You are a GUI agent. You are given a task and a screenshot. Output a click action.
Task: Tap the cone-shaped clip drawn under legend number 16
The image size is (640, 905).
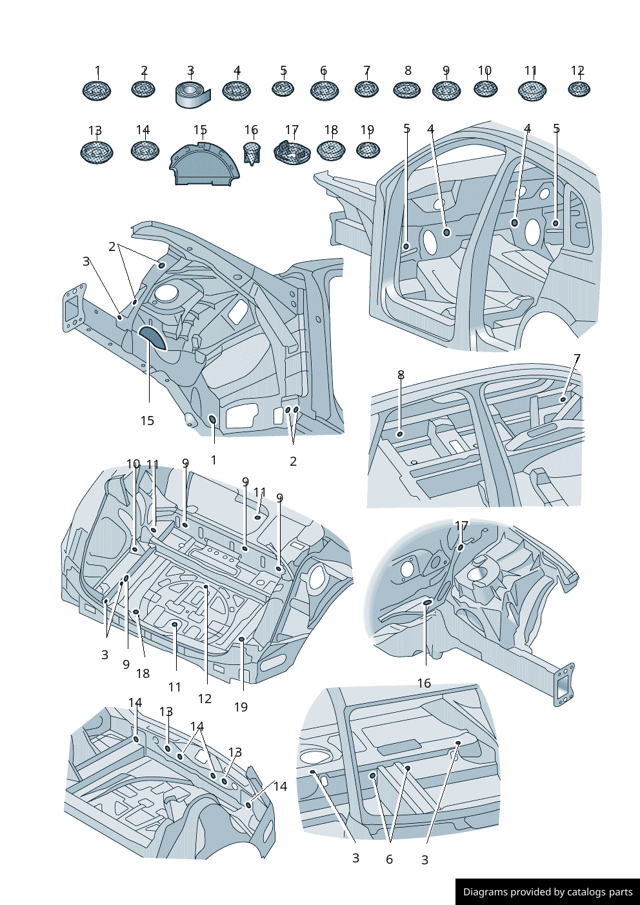pyautogui.click(x=252, y=154)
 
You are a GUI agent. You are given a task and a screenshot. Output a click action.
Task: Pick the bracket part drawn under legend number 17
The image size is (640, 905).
pyautogui.click(x=292, y=152)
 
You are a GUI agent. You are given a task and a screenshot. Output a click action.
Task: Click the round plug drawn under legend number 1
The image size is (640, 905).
pyautogui.click(x=97, y=90)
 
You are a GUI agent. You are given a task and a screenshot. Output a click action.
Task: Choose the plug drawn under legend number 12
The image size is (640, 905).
pyautogui.click(x=579, y=89)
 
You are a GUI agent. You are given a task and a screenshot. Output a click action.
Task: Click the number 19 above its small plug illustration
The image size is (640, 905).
pyautogui.click(x=367, y=130)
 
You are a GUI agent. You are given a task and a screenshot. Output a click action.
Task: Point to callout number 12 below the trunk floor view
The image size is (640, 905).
pyautogui.click(x=205, y=699)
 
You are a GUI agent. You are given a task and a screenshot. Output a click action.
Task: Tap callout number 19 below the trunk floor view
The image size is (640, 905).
pyautogui.click(x=241, y=707)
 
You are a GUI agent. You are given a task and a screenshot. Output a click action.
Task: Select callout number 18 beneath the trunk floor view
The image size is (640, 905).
pyautogui.click(x=143, y=673)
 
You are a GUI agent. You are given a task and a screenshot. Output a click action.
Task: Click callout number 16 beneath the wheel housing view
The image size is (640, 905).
pyautogui.click(x=424, y=683)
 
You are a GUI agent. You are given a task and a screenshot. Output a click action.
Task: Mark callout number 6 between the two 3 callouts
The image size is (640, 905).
pyautogui.click(x=389, y=859)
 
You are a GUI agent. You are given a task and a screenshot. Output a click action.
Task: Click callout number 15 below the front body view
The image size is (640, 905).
pyautogui.click(x=147, y=421)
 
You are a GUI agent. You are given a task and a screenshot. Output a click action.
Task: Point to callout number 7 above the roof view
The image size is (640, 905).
pyautogui.click(x=577, y=359)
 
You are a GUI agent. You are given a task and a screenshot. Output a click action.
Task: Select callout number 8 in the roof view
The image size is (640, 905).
pyautogui.click(x=401, y=375)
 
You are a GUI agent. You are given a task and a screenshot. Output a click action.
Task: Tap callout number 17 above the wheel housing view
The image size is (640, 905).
pyautogui.click(x=461, y=526)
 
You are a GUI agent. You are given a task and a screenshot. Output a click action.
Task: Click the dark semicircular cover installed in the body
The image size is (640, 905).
pyautogui.click(x=152, y=337)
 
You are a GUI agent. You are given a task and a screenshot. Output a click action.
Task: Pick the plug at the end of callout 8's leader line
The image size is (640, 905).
pyautogui.click(x=400, y=434)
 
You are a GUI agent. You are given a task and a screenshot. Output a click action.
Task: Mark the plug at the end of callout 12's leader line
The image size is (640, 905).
pyautogui.click(x=206, y=586)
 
